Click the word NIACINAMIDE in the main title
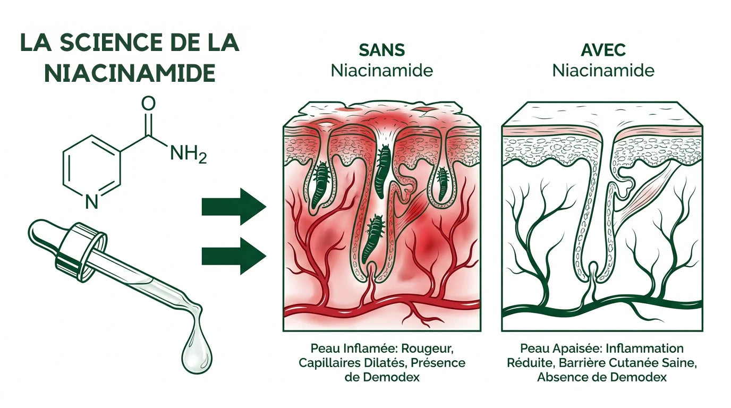coord(130,73)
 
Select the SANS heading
coord(382,50)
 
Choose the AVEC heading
coord(603,50)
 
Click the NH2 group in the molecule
coord(189,154)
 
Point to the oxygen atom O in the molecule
coord(149,104)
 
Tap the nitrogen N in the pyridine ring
coord(92,202)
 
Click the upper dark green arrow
coord(234,206)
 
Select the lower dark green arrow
coord(234,256)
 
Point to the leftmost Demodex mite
coord(320,184)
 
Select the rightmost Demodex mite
coord(443,183)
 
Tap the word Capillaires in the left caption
coord(329,363)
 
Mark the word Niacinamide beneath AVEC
coord(603,71)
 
